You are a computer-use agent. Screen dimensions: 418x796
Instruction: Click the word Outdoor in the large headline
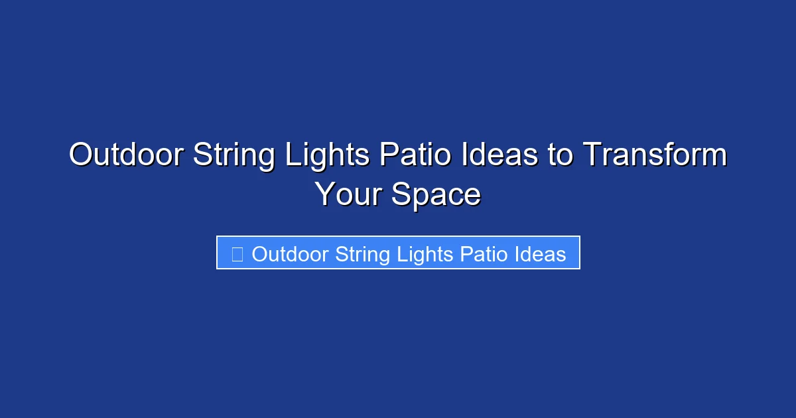(126, 156)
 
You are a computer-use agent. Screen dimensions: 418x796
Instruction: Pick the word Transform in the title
(655, 156)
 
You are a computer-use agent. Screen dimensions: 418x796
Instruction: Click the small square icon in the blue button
(237, 253)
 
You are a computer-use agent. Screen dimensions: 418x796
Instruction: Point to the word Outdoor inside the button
(291, 254)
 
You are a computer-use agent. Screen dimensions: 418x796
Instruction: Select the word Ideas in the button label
(541, 254)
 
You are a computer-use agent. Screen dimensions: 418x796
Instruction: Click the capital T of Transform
(592, 156)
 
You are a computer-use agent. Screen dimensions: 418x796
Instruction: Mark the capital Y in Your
(324, 195)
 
